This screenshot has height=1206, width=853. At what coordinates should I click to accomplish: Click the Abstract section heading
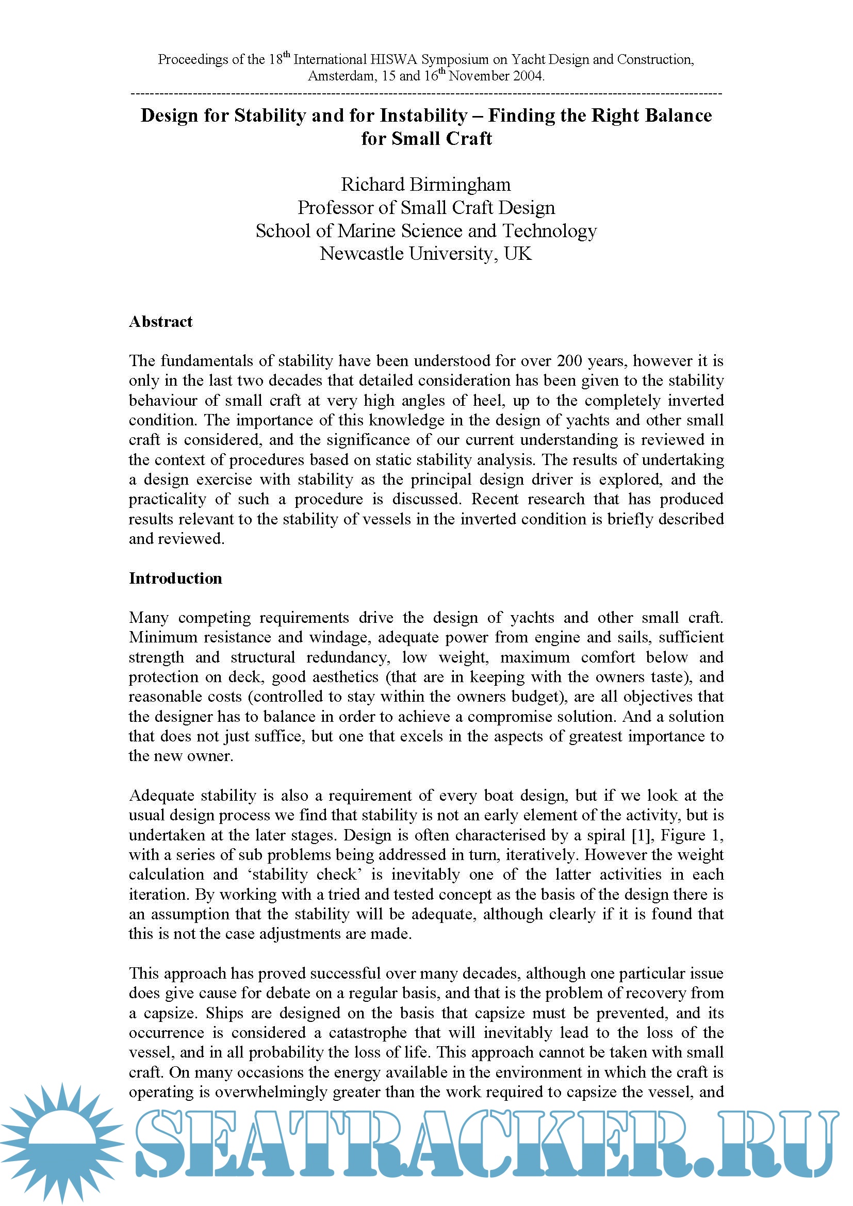pyautogui.click(x=161, y=321)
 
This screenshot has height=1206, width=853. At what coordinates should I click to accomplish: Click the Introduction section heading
pyautogui.click(x=175, y=579)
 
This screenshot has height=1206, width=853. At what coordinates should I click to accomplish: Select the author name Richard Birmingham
pyautogui.click(x=426, y=185)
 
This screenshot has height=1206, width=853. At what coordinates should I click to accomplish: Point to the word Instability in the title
pyautogui.click(x=423, y=115)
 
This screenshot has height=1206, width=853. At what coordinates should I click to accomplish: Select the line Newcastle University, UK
pyautogui.click(x=426, y=254)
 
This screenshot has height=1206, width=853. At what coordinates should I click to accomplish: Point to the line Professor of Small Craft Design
pyautogui.click(x=426, y=207)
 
